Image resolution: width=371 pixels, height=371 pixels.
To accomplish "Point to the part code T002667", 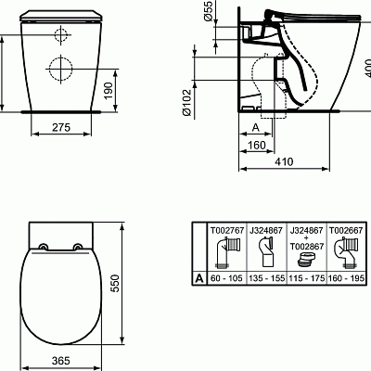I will tap(349, 227).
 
